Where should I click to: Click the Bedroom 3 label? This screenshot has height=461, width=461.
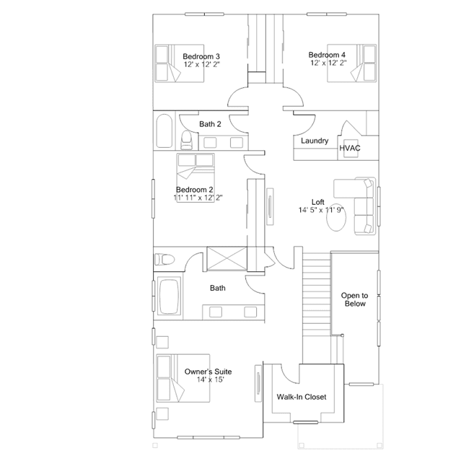[201, 56]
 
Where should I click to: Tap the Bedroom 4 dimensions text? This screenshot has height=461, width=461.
[328, 63]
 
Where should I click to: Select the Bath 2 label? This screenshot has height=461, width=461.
[210, 124]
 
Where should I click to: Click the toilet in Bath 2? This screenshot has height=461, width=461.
[186, 140]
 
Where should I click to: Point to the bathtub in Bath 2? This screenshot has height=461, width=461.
[164, 131]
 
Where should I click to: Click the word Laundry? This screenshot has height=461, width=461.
[315, 141]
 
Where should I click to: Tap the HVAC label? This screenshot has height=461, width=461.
[350, 148]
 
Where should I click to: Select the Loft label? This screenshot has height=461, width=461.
[318, 202]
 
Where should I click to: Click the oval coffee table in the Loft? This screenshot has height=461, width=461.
[336, 217]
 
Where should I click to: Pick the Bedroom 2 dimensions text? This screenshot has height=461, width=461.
[198, 197]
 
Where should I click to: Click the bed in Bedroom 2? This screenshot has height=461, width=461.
[196, 177]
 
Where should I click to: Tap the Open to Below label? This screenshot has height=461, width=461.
[354, 299]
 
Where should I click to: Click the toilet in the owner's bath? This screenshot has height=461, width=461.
[164, 259]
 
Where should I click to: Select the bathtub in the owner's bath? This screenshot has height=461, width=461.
[169, 297]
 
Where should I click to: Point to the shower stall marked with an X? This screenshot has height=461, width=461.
[227, 259]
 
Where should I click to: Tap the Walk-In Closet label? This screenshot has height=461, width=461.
[302, 397]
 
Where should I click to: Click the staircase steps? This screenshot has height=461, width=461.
[317, 294]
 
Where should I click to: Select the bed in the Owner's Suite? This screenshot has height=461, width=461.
[183, 378]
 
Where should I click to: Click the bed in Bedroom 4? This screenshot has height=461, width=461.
[352, 63]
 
